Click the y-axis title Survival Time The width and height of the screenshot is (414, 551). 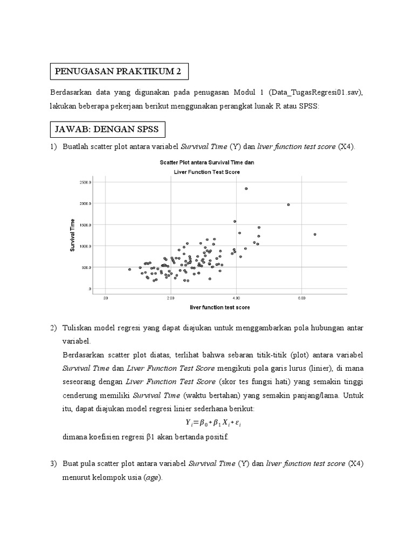(x=72, y=235)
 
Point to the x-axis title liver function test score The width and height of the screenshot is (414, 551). (x=219, y=307)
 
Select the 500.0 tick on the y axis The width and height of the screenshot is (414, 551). (x=86, y=267)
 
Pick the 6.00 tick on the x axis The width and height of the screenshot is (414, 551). (x=301, y=297)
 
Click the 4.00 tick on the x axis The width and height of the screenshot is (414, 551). (x=236, y=297)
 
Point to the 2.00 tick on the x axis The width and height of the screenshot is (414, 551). (x=171, y=297)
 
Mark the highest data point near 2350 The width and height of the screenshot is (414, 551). (x=246, y=188)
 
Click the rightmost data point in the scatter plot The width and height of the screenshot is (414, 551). (x=315, y=234)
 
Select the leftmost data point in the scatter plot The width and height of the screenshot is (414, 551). (x=129, y=269)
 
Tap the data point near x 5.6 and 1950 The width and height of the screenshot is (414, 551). (x=288, y=204)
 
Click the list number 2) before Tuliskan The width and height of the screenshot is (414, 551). (x=54, y=328)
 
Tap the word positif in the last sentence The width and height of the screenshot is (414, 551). (x=216, y=436)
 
